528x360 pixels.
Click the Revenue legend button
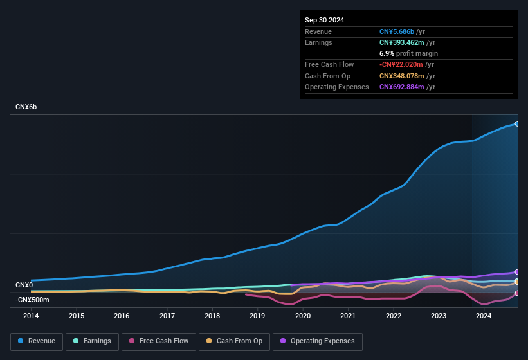(x=37, y=341)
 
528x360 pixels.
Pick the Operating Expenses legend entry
(x=318, y=341)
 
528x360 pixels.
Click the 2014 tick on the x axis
(x=31, y=316)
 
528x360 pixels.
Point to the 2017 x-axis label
(x=167, y=316)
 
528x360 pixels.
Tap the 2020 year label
(x=303, y=316)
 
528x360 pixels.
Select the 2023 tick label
(x=439, y=316)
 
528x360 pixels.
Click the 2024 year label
(x=484, y=316)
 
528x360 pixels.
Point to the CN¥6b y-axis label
(x=26, y=107)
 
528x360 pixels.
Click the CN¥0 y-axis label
(x=24, y=285)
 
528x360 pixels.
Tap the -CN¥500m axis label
(x=32, y=300)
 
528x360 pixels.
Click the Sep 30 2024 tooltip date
(x=324, y=20)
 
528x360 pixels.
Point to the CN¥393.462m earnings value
(x=402, y=42)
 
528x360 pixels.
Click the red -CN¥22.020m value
(x=401, y=64)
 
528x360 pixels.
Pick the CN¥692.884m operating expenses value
(x=402, y=87)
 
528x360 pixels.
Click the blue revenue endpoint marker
(x=516, y=123)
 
